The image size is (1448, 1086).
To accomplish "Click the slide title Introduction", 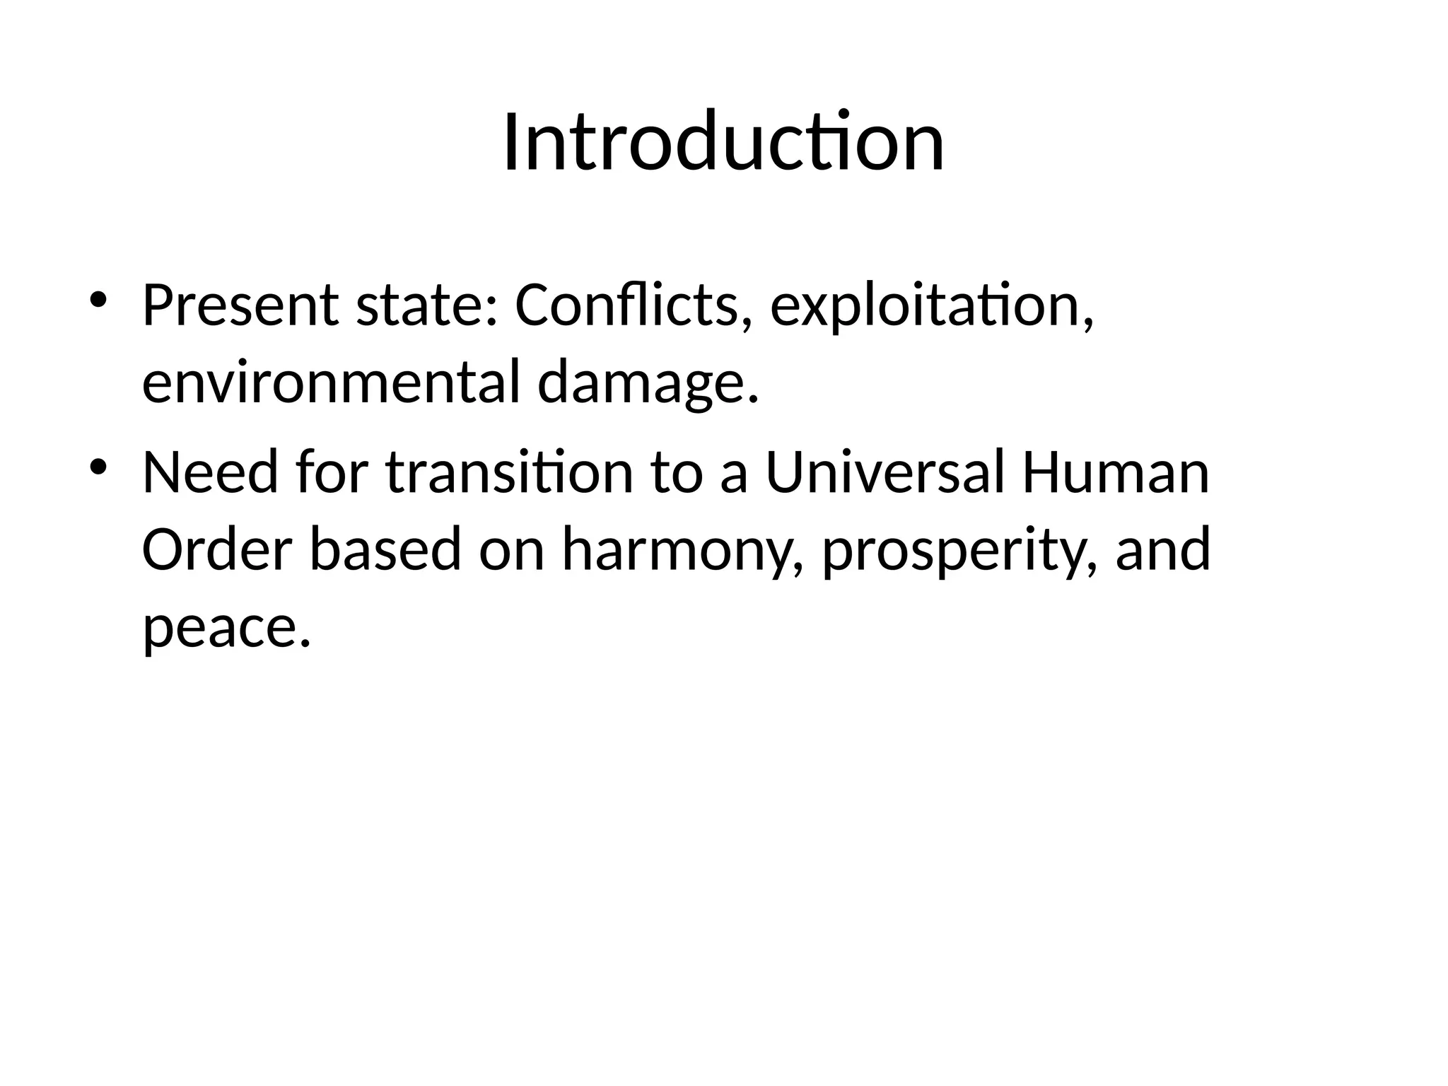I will [x=723, y=143].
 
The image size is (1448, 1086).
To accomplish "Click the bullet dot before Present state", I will [x=98, y=299].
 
